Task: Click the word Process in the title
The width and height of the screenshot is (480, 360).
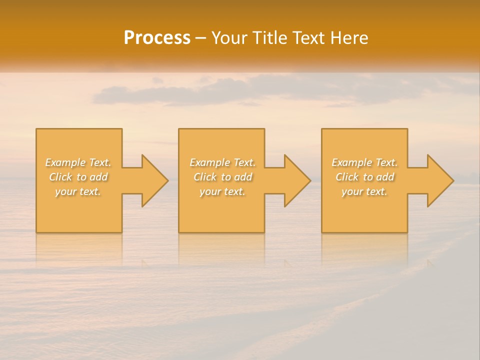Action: point(157,38)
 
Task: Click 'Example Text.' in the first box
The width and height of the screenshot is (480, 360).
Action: point(78,162)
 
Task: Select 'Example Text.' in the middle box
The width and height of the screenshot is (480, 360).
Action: point(222,162)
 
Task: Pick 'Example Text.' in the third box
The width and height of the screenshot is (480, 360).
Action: point(364,162)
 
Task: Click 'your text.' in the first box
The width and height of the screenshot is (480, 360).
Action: point(78,191)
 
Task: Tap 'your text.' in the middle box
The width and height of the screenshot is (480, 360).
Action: point(222,191)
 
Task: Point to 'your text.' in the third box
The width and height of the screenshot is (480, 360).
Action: point(364,191)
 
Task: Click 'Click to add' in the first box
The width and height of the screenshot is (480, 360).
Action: point(78,177)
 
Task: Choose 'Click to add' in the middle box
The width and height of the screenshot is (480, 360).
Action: point(222,177)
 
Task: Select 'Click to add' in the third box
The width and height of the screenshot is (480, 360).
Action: point(364,177)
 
